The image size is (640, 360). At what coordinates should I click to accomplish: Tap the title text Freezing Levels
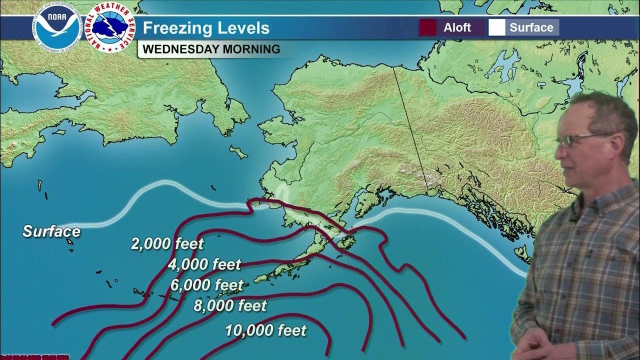[206, 28]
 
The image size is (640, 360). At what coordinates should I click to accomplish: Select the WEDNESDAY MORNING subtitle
[211, 49]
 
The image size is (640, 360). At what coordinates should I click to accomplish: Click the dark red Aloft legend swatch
[427, 27]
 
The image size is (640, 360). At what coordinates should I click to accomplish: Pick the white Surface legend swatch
[496, 27]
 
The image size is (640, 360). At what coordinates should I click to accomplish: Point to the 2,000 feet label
[167, 244]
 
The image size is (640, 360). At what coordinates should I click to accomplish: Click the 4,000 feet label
[204, 264]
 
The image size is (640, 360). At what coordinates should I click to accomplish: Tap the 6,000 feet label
[206, 285]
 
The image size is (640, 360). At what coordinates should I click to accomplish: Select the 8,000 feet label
[230, 305]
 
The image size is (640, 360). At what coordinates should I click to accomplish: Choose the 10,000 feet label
[265, 330]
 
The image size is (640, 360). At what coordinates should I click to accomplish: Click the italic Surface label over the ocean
[51, 231]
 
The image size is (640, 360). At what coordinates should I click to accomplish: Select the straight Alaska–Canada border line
[410, 130]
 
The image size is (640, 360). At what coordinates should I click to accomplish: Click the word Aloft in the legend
[457, 27]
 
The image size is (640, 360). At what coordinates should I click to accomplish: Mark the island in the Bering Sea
[238, 151]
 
